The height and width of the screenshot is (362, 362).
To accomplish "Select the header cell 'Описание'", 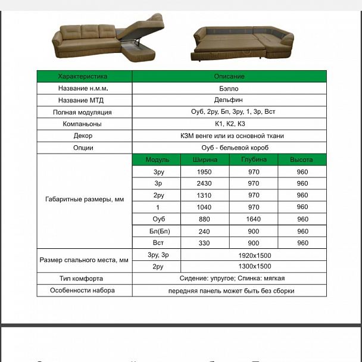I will [229, 76].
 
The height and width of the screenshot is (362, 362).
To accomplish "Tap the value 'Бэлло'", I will [229, 88].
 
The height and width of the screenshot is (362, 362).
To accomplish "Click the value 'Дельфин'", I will [229, 100].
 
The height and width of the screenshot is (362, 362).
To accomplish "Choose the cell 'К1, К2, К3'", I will [229, 124].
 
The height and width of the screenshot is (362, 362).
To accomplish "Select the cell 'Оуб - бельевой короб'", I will [229, 148].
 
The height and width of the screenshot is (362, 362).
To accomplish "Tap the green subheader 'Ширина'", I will [204, 160].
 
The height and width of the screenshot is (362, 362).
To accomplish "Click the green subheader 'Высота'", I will [302, 160].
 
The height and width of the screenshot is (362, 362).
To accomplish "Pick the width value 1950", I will [204, 171].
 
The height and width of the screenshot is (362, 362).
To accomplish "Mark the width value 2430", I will [204, 183].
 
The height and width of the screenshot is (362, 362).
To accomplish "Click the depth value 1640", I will [254, 219].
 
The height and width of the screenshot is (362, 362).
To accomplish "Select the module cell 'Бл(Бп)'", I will [158, 231].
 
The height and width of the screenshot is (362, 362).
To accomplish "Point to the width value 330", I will [204, 243].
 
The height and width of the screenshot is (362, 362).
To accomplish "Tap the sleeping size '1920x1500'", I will [254, 255].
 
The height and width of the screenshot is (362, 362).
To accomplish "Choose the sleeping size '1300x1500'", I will [254, 267].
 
